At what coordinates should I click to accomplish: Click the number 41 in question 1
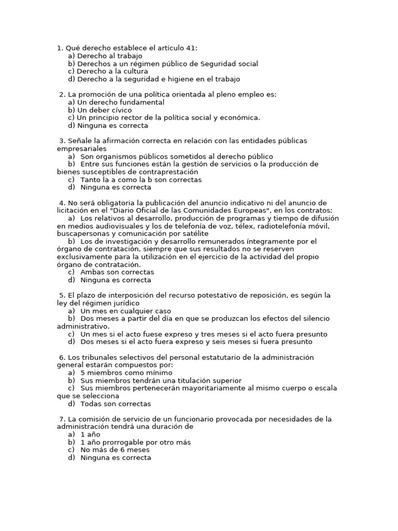tap(190, 48)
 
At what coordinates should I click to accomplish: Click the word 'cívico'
tap(121, 110)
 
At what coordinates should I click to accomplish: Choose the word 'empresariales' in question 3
tap(78, 149)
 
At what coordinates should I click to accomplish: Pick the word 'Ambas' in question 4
tap(92, 272)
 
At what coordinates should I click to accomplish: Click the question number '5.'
tap(63, 296)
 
